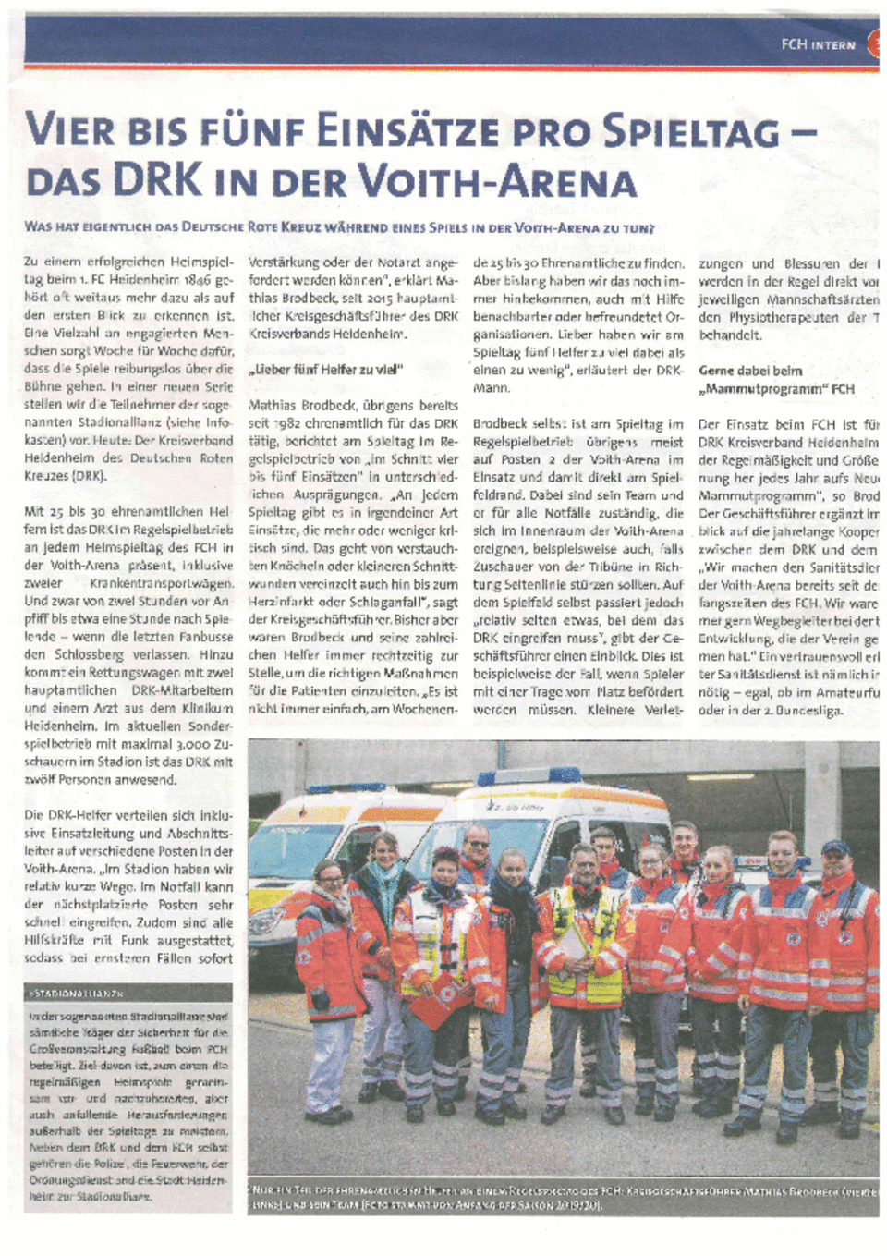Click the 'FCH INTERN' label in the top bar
(x=818, y=43)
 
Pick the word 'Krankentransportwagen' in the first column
(x=161, y=583)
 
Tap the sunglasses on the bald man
(x=477, y=843)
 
